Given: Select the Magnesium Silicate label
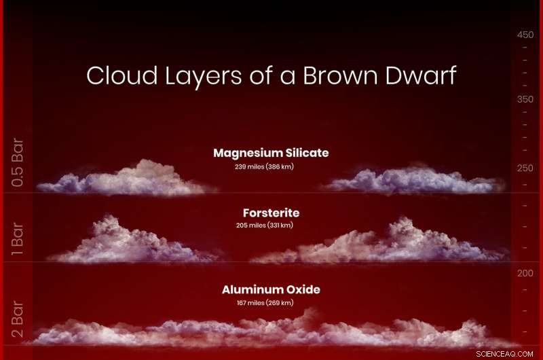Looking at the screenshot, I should [x=271, y=153].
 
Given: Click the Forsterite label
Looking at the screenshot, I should [x=271, y=213].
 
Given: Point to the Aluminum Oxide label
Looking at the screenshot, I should [x=271, y=289].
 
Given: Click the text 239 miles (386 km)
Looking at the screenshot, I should [x=263, y=166].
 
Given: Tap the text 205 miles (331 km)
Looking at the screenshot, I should [x=263, y=225].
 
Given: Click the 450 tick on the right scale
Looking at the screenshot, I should [x=525, y=35].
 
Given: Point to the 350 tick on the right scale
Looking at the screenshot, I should [x=525, y=99].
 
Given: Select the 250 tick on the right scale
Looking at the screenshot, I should [x=525, y=168].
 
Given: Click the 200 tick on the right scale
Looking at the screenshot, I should [x=525, y=273].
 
